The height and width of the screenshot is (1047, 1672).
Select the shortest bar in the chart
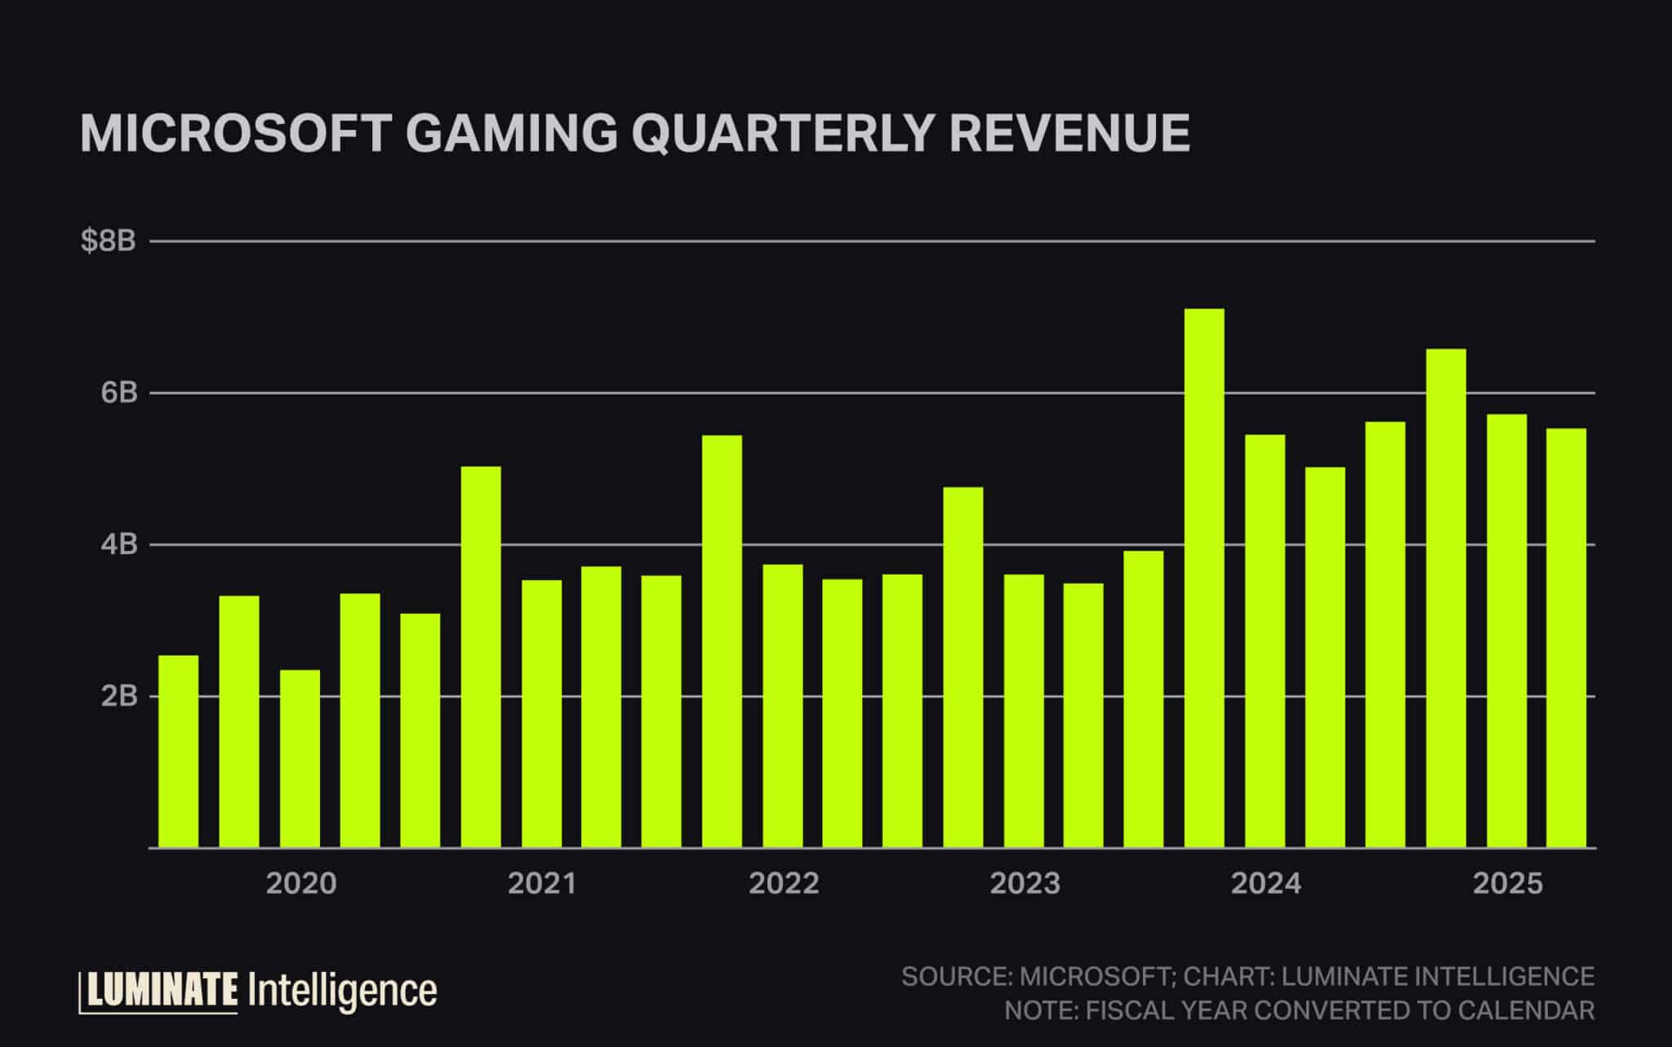coord(300,759)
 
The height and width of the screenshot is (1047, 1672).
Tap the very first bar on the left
coord(178,751)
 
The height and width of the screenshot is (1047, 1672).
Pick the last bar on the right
coord(1566,637)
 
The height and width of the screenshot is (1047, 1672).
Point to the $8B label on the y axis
coord(108,242)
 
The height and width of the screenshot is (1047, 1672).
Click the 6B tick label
coord(118,393)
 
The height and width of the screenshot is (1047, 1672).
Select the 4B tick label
coord(118,544)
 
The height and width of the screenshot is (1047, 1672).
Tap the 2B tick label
coord(118,696)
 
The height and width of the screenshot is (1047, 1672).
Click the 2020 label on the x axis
coord(301,884)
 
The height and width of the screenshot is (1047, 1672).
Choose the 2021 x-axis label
coord(542,884)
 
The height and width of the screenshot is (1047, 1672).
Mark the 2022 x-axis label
coord(784,884)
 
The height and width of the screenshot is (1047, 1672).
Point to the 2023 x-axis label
coord(1025,884)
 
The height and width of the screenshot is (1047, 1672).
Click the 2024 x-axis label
coord(1266,884)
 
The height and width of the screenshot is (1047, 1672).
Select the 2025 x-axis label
coord(1508,884)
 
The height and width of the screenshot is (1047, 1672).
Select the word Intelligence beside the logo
coord(341,991)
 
